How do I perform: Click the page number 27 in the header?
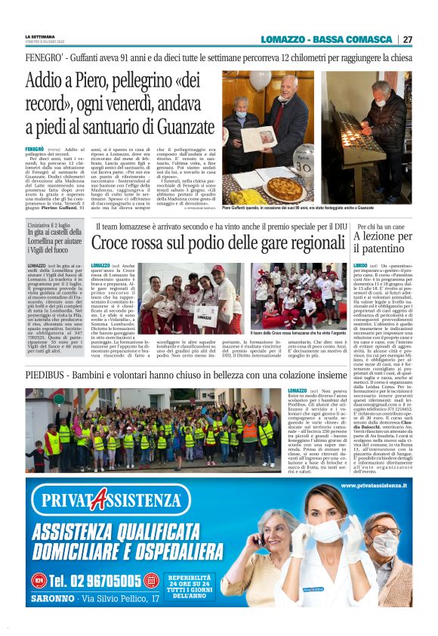click(x=408, y=39)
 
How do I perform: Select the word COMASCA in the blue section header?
click(x=368, y=39)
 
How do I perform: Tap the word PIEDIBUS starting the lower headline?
click(x=50, y=375)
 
